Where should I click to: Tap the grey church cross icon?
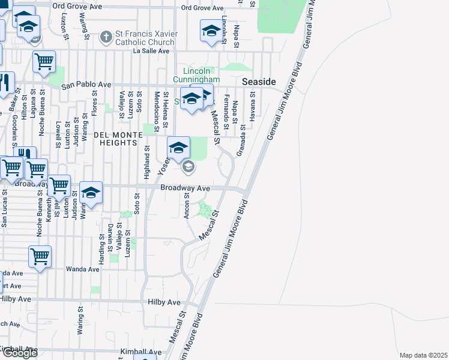pyautogui.click(x=106, y=37)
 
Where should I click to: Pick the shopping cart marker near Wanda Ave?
pyautogui.click(x=40, y=256)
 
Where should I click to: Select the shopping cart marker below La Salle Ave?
pyautogui.click(x=44, y=61)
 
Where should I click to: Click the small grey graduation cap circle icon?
pyautogui.click(x=188, y=167)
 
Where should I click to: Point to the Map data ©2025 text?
pyautogui.click(x=424, y=355)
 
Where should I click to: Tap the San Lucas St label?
pyautogui.click(x=4, y=209)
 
